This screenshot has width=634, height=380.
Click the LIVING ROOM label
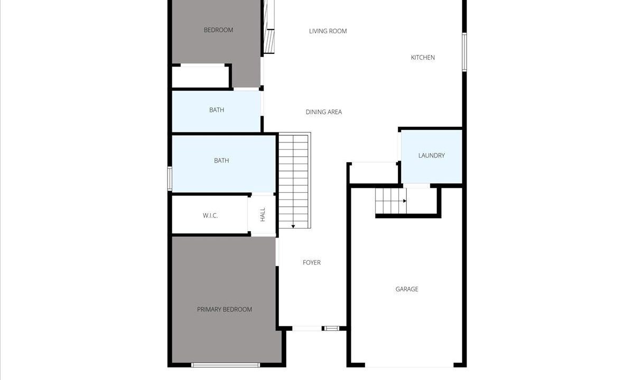328,31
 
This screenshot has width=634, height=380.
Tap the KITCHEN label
423,58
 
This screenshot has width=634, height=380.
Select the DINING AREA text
324,112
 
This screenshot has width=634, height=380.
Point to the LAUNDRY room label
431,156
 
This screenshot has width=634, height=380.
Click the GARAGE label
407,289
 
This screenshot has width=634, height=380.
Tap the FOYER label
312,263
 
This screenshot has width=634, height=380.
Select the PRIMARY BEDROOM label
225,309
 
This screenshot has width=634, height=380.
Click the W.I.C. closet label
210,216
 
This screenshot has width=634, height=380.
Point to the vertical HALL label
263,215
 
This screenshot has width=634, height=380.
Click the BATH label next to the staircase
221,160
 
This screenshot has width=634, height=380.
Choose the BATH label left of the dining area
217,110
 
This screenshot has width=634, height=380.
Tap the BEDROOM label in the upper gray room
219,30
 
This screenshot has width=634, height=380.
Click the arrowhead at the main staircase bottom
293,226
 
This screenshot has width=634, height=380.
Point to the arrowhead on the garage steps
405,201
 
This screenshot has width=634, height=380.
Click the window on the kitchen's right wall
464,52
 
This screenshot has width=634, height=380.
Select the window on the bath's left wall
170,178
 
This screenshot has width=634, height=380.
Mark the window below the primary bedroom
226,365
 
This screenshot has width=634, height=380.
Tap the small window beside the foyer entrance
331,328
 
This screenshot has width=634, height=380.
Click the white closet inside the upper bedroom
200,77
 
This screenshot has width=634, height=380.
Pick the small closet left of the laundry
374,174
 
